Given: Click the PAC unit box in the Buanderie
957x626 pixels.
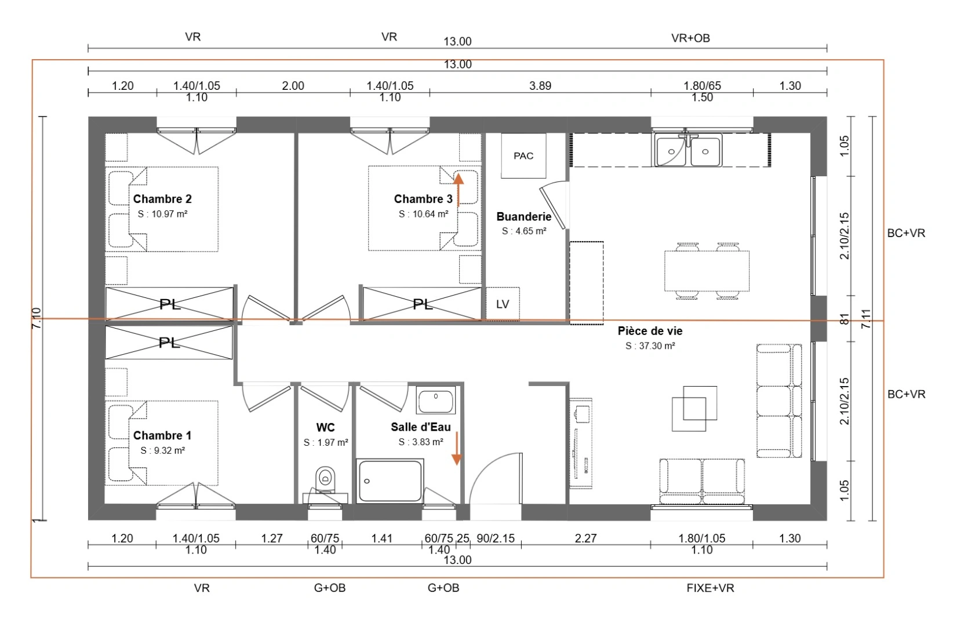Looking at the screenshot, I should [x=523, y=156].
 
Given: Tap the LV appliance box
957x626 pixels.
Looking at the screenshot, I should [x=502, y=304].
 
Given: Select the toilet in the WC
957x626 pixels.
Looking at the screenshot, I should [x=325, y=478].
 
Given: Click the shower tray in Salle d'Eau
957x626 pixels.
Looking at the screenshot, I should [x=390, y=481].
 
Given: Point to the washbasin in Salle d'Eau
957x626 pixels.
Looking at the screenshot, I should [x=436, y=399].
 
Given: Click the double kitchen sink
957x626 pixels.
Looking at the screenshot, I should [x=689, y=151].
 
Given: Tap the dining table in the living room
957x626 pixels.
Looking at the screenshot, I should [x=707, y=271].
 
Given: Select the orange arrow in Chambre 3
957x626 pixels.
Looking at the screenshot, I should [x=458, y=189].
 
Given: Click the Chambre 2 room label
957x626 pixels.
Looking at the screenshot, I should [x=162, y=199].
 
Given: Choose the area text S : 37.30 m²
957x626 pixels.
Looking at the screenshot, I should [x=650, y=346].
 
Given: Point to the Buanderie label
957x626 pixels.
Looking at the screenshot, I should [x=523, y=217].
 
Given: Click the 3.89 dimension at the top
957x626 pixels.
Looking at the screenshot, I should [x=540, y=86].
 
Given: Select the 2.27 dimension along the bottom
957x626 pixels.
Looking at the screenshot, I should [x=585, y=538].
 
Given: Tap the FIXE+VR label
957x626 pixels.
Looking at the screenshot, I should [x=710, y=588].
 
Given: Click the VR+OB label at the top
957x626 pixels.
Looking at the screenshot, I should [x=690, y=38].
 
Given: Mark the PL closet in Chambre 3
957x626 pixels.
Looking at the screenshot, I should [x=423, y=304].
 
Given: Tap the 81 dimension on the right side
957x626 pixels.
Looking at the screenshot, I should [x=845, y=319].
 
